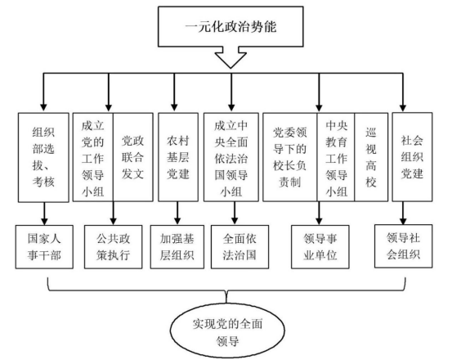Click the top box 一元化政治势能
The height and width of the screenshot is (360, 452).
pos(230,26)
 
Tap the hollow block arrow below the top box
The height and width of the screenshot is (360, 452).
pos(230,58)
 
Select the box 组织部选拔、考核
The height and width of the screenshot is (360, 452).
pos(43,157)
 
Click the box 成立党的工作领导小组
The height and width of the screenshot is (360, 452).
pos(93,157)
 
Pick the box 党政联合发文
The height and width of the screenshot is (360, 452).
pos(133,157)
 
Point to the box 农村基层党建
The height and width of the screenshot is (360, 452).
pos(178,157)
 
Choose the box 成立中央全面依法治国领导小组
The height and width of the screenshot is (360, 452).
pos(231,157)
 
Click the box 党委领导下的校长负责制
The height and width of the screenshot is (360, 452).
pos(290,157)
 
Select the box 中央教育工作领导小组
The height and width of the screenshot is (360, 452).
pos(336,157)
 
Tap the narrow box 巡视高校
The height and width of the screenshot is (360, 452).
pos(371,157)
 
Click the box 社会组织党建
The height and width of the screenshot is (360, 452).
pos(412,157)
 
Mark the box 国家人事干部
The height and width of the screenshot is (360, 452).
pos(44,247)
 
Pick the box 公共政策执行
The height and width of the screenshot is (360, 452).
pos(114,247)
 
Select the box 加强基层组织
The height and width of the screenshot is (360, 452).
pos(177,247)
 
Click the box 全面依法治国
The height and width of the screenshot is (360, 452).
pos(239,247)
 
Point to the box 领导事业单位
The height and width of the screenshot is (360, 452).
pos(320,247)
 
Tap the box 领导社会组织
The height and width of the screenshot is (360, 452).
pos(404,246)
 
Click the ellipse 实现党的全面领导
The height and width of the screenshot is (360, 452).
pos(227,331)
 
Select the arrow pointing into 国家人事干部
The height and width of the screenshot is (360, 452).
pos(44,214)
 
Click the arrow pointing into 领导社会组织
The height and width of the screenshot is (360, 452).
pos(403,213)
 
